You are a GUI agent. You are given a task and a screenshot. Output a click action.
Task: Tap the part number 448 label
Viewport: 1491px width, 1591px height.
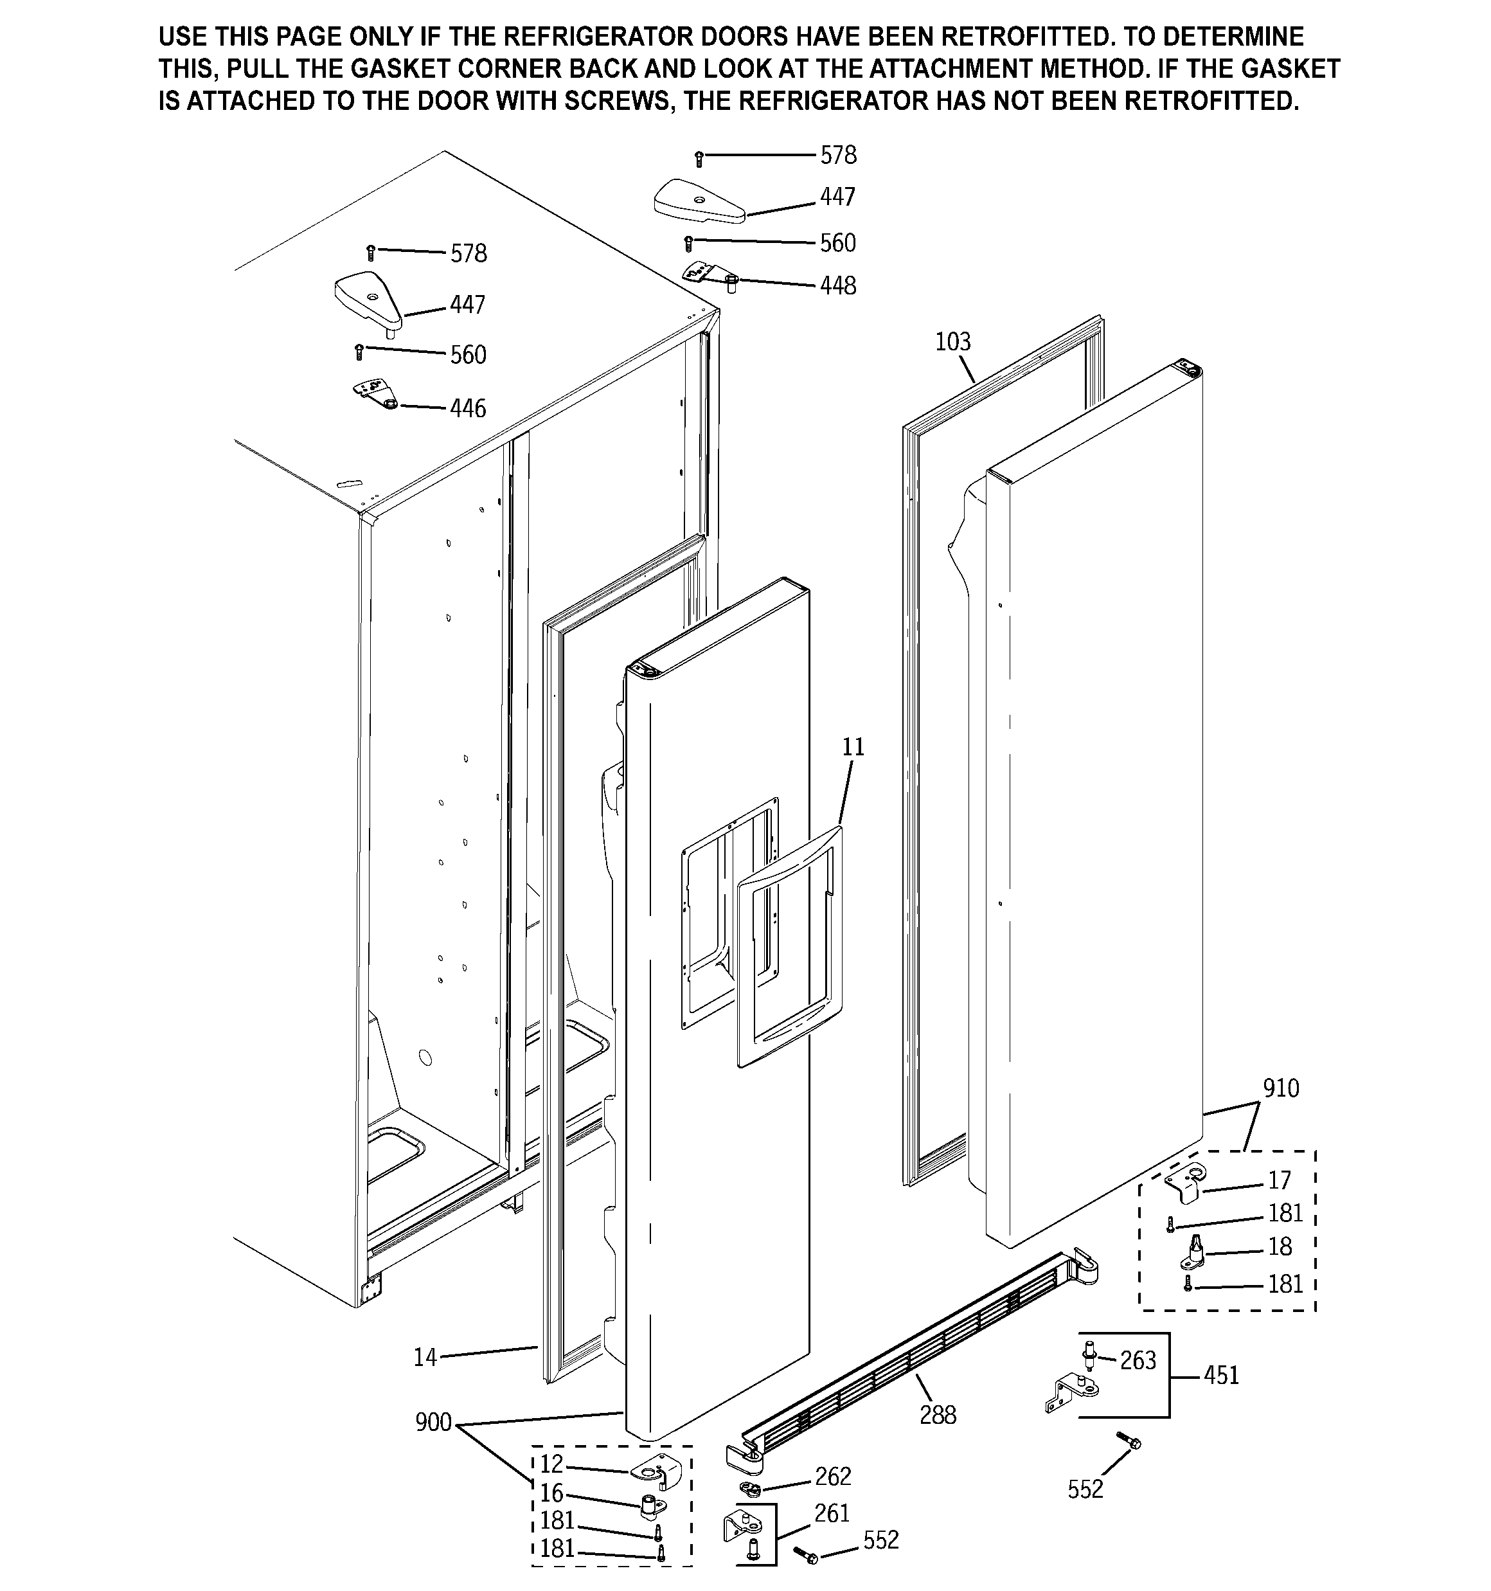(x=837, y=285)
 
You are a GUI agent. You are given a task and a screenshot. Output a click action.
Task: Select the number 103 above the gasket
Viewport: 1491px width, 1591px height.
(x=952, y=342)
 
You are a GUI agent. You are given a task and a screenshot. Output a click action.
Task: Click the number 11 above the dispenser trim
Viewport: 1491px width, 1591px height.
(x=853, y=747)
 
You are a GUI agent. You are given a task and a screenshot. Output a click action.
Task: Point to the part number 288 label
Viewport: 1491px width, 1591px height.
(x=937, y=1415)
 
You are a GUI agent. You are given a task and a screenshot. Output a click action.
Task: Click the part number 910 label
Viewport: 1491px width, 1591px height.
(x=1280, y=1088)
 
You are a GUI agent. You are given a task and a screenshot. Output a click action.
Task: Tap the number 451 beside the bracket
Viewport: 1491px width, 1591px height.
(x=1220, y=1375)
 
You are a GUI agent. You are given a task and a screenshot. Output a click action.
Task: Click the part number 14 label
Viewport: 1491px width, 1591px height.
(x=425, y=1356)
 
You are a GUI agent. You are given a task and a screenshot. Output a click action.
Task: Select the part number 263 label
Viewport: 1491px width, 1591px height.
(x=1138, y=1360)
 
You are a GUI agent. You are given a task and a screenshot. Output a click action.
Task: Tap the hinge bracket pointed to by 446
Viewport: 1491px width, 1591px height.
(x=375, y=394)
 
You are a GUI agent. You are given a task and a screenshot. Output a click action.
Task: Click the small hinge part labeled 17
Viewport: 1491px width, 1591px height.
(x=1184, y=1182)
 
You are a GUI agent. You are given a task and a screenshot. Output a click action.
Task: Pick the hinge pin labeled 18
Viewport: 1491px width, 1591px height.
(x=1194, y=1254)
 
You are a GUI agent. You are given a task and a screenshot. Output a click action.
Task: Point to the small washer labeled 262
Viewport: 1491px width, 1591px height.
(x=751, y=1488)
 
